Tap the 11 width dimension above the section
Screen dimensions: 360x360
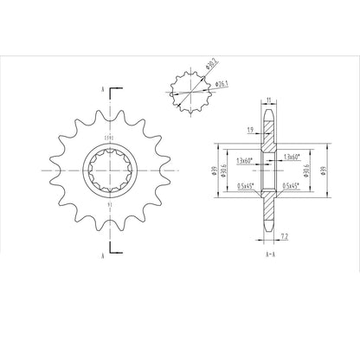point(268,101)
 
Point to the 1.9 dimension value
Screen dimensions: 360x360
point(249,129)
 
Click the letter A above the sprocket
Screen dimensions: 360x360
point(103,89)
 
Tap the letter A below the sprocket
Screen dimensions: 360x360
point(103,256)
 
